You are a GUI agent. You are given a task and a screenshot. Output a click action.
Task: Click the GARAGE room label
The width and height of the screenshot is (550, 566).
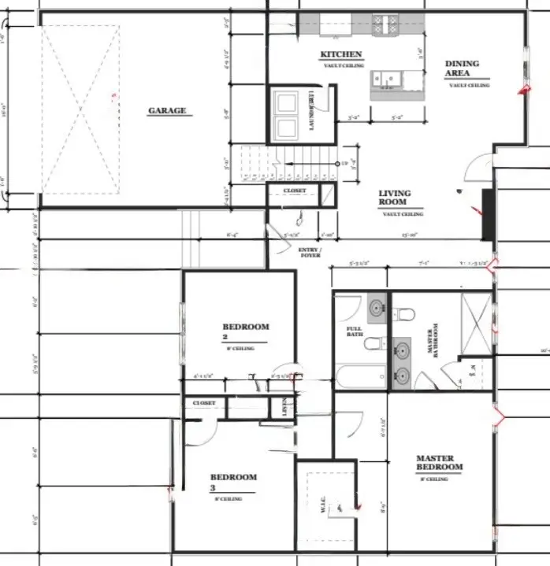(167, 111)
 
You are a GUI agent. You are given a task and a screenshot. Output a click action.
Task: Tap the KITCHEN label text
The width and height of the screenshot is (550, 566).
(340, 54)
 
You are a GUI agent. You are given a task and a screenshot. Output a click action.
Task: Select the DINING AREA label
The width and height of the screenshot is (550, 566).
(462, 68)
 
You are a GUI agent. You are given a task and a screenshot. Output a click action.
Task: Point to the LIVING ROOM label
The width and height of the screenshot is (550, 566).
(394, 198)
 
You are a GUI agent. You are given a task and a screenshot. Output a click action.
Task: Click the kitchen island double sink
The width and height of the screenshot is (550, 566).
(388, 78)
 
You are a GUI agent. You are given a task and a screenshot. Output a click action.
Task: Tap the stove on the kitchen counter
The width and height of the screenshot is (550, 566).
(388, 25)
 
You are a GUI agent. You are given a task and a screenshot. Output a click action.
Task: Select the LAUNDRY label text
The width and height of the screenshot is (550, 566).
(311, 111)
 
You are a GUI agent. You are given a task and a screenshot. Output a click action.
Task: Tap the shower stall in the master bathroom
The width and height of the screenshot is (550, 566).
(474, 320)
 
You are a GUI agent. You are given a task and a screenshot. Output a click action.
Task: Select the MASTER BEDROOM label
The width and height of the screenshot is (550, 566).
(439, 462)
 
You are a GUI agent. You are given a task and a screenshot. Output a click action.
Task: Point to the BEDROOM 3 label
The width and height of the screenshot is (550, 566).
(233, 481)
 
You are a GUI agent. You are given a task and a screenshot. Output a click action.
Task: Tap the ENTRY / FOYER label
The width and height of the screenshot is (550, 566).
(308, 252)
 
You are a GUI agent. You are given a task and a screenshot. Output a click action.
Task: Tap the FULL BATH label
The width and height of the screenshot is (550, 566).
(353, 331)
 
